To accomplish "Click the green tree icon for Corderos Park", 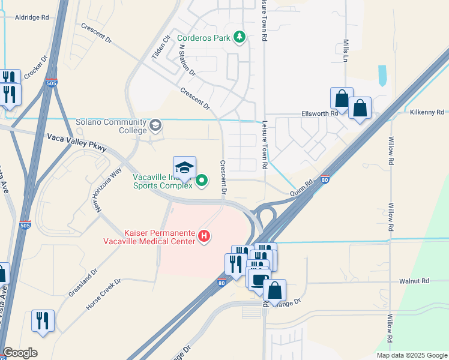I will [x=240, y=37].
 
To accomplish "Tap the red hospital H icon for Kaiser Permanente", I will [x=204, y=236].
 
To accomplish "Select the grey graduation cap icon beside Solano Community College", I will [x=155, y=125].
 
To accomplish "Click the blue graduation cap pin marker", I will [x=185, y=168].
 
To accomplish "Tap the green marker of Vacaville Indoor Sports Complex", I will [x=202, y=179].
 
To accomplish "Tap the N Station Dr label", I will [x=187, y=59].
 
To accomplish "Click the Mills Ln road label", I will [x=346, y=51].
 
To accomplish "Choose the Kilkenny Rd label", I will [x=427, y=112].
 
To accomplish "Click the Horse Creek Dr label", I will [x=103, y=294].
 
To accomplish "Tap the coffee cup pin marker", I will [x=259, y=280].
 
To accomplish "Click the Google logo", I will [x=20, y=353].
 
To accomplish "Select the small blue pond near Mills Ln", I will [x=382, y=75].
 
